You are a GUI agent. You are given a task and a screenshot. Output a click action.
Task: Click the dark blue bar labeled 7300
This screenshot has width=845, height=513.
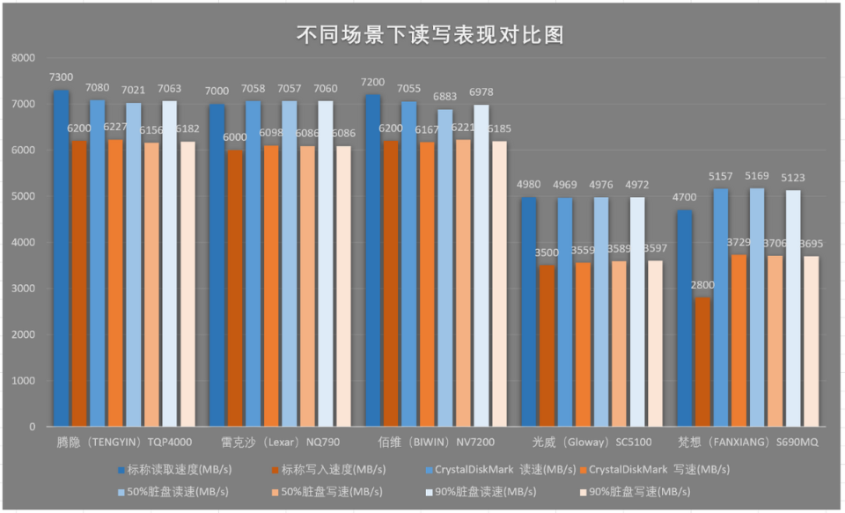click(x=61, y=264)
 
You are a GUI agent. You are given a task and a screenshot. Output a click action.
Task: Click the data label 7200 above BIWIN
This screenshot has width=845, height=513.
click(x=374, y=82)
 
